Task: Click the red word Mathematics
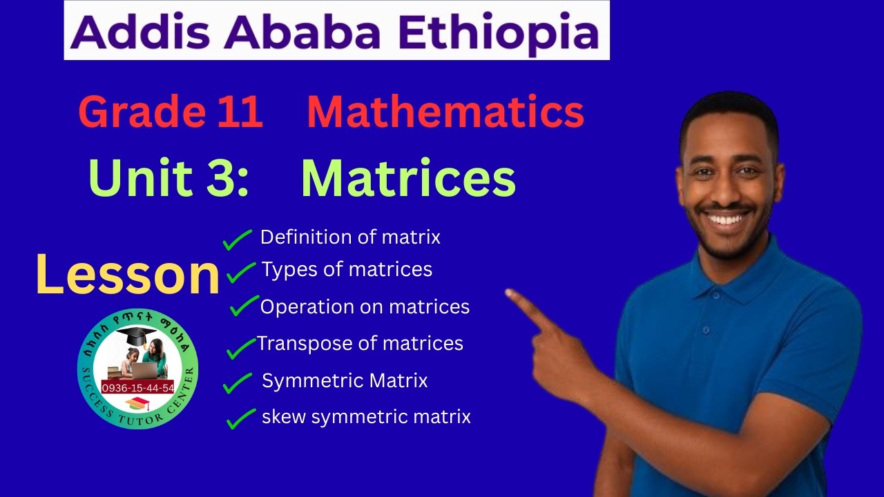[x=445, y=112]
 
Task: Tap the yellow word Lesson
[x=127, y=274]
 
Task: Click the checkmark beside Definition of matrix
[x=237, y=240]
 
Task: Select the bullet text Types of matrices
[x=347, y=269]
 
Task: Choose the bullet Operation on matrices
[x=365, y=306]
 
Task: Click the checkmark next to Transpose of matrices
[x=240, y=348]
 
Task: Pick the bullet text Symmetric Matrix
[x=345, y=380]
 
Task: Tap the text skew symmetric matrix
[x=366, y=417]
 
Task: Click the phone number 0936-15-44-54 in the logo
[x=138, y=388]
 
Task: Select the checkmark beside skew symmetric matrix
[x=240, y=418]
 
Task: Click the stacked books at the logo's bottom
[x=138, y=404]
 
